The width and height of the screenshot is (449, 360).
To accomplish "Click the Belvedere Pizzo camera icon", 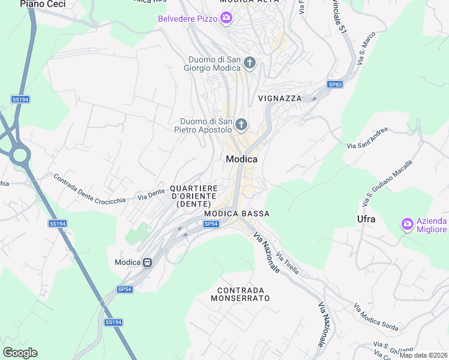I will pos(226,18).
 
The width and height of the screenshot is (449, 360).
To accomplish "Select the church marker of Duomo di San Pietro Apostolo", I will pos(241,125).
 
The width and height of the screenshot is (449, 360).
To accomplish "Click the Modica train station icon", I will pos(147,262).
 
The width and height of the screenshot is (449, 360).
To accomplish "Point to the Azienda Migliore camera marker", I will pos(408,224).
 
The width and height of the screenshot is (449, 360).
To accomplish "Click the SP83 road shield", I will pos(334,85).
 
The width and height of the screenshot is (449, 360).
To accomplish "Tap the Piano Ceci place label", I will pos(42,4).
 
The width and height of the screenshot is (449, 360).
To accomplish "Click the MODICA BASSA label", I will pos(237,214).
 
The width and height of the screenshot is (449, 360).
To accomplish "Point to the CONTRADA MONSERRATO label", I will pos(240,294).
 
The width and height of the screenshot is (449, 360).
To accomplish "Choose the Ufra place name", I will pos(366,219).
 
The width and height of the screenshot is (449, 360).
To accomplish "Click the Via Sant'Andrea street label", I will pos(367,138).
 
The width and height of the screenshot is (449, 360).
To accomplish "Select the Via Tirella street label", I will pos(288,263).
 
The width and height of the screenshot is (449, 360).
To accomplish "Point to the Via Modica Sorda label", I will pos(376,318).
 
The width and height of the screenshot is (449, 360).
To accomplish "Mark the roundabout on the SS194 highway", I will pos(19,156).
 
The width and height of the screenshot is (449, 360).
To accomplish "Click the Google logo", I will pos(20,353).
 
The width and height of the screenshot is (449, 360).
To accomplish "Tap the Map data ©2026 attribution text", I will pos(424,355).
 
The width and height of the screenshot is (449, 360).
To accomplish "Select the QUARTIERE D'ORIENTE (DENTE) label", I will pos(193,196).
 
